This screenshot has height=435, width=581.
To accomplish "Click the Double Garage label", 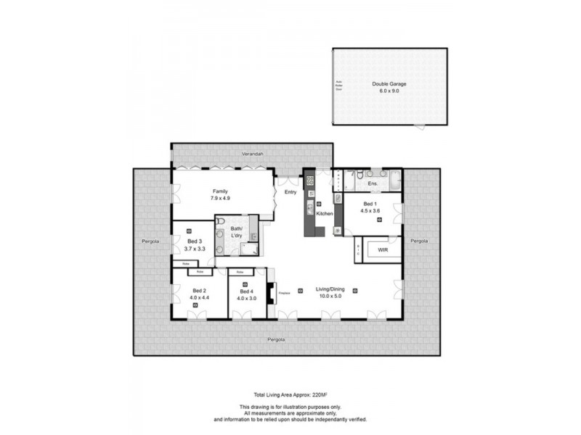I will [x=389, y=84].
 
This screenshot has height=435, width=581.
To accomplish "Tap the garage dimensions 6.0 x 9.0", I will [x=389, y=91].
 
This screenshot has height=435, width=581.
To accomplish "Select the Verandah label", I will [x=252, y=154].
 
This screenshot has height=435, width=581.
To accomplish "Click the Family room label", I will [x=221, y=191].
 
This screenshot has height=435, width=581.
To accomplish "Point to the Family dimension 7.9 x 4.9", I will [x=221, y=198].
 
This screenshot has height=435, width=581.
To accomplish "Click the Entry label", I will [x=290, y=192].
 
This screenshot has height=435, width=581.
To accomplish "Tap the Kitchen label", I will [x=325, y=214].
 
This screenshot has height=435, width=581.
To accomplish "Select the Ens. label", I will [x=372, y=183].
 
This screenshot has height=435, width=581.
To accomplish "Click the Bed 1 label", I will [x=370, y=204].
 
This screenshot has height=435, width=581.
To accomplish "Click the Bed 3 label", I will [x=193, y=241].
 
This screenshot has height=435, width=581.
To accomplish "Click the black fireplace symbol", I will [x=270, y=294].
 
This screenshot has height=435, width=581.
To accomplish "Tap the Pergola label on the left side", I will [x=151, y=240].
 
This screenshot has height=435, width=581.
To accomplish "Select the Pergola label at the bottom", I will [x=275, y=339].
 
